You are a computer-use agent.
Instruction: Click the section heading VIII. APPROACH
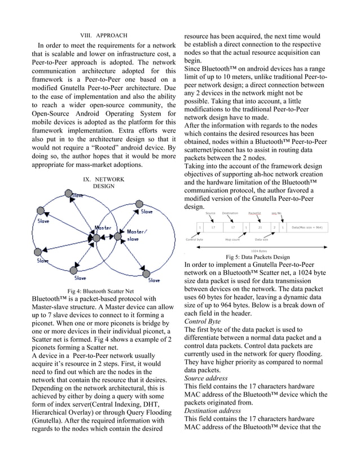(x=103, y=35)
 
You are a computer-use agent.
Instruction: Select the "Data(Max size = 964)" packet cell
(x=306, y=227)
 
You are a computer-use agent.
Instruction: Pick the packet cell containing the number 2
(x=274, y=227)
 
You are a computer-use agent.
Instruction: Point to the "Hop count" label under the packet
(x=232, y=240)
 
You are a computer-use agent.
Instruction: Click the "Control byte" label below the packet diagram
(x=195, y=240)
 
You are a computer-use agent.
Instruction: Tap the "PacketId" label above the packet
(x=254, y=213)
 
